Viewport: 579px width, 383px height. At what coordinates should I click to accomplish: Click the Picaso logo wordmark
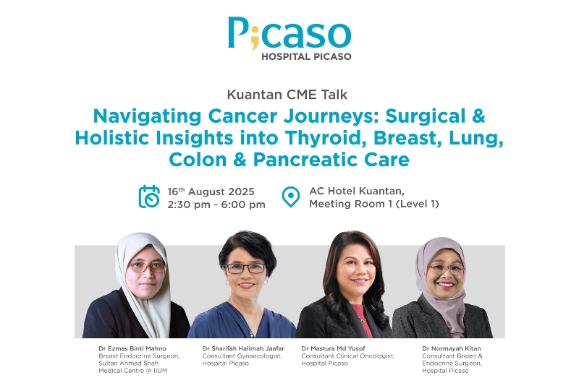pos(289,33)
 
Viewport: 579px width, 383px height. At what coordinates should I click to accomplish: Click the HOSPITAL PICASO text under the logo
pos(306,57)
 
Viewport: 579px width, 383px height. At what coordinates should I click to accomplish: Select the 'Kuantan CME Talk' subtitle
pos(287,95)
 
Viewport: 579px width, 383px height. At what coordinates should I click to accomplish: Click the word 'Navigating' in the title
pos(148,116)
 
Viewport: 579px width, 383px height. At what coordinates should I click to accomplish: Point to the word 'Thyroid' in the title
pos(326,138)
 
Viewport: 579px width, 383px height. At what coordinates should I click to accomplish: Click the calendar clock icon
pos(149,197)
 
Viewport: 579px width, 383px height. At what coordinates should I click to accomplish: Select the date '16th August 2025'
pos(211,191)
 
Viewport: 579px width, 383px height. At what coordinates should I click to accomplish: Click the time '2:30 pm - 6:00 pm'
pos(216,205)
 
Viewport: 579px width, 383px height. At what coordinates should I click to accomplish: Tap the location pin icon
pos(291,197)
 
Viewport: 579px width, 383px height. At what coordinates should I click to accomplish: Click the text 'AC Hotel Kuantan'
pos(356,191)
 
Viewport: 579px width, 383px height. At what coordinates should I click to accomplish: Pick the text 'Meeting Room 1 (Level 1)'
pos(374,204)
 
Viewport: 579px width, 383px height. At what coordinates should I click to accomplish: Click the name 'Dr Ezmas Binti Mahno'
pos(132,348)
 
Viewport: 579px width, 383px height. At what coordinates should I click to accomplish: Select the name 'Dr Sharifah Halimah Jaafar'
pos(243,348)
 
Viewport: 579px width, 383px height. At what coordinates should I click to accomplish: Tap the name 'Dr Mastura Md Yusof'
pos(333,348)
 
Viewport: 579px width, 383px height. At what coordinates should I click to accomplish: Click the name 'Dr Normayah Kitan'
pos(451,348)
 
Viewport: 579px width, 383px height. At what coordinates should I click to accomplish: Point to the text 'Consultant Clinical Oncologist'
pos(348,356)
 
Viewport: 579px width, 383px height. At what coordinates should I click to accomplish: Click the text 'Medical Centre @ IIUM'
pos(133,371)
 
